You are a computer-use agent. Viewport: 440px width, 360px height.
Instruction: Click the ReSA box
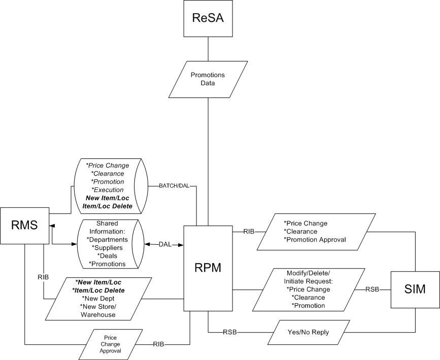[x=208, y=19]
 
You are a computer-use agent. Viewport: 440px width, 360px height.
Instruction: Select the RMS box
[x=24, y=224]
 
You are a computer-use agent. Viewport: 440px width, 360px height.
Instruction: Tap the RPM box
[x=208, y=268]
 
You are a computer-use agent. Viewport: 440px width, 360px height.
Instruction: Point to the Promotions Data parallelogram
[x=208, y=79]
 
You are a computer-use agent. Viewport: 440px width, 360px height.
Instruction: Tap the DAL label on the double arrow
[x=165, y=244]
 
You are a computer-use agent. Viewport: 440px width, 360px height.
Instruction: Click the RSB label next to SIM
[x=373, y=289]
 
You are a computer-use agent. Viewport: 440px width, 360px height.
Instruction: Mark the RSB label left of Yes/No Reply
[x=230, y=332]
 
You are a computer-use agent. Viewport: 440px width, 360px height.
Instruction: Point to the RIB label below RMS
[x=44, y=277]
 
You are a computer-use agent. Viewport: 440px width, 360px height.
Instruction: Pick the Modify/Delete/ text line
[x=308, y=273]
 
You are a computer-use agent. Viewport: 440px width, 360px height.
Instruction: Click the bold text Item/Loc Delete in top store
[x=107, y=206]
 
